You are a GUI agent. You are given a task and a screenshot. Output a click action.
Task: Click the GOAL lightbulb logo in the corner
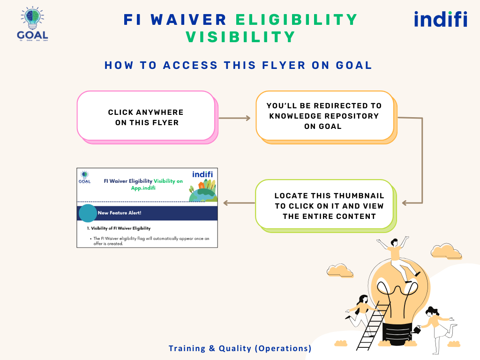point(32,23)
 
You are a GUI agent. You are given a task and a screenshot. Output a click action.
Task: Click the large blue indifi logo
point(440,19)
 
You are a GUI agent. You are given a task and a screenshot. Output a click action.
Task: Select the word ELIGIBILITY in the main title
point(296,20)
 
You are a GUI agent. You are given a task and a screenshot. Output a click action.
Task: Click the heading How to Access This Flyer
point(238,65)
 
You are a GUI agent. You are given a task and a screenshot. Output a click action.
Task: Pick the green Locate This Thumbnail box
point(324,206)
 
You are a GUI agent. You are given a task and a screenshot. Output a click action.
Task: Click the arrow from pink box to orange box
point(235,118)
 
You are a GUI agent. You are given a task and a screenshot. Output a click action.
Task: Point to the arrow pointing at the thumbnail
point(239,203)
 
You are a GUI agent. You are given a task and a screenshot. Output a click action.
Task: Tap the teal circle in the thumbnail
point(88,213)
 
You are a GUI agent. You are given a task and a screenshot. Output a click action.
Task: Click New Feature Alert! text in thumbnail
point(120,213)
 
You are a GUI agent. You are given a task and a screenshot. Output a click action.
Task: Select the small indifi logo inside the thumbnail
point(202,174)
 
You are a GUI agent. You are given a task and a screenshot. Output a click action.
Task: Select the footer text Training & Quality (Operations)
point(240,348)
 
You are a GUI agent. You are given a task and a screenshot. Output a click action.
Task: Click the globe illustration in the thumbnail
point(202,192)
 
